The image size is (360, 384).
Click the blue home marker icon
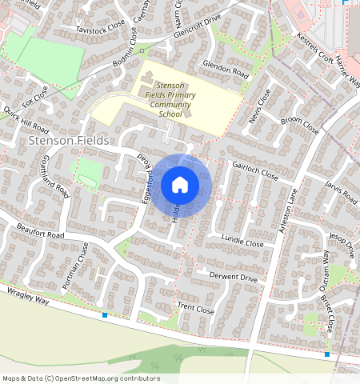pos(180,186)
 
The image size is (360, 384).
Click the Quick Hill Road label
pos(26,119)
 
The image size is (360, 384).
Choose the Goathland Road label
pos(54,176)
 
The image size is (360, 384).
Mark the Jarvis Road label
pos(341,192)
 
